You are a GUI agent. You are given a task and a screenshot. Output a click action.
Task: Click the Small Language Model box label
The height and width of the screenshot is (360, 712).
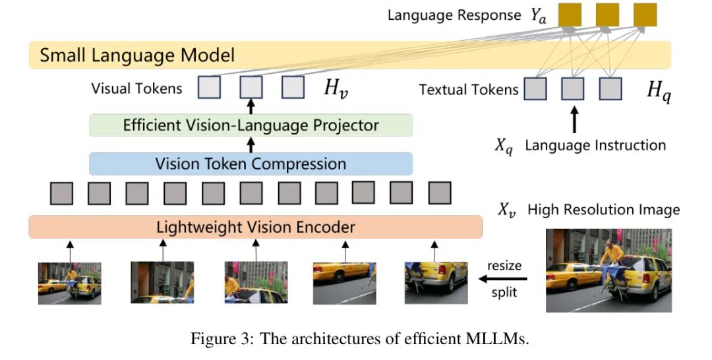click(x=137, y=55)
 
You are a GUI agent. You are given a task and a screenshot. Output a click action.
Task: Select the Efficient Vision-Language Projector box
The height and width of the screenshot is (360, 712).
click(x=251, y=125)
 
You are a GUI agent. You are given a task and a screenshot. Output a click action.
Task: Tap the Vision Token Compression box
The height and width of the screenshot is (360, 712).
click(x=251, y=164)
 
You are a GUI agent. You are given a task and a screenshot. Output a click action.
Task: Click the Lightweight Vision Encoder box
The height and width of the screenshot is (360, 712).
click(x=256, y=227)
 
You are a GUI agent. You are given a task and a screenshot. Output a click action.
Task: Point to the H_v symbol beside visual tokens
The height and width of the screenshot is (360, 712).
click(x=334, y=89)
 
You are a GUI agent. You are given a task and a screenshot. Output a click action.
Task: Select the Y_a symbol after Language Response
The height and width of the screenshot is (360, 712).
click(x=539, y=16)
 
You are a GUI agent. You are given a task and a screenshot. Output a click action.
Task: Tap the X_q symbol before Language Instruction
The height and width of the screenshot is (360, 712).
click(x=504, y=146)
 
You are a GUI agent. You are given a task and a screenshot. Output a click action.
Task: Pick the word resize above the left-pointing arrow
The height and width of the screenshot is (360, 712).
click(x=504, y=266)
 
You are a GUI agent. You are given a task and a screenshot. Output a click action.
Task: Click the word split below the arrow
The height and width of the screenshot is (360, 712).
click(x=504, y=292)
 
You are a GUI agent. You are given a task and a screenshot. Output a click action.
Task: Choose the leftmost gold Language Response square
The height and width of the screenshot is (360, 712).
click(x=570, y=15)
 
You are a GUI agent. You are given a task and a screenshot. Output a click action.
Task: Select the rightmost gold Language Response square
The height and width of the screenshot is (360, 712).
click(x=645, y=15)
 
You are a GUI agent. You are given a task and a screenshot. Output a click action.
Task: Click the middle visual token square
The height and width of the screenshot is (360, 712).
click(x=251, y=88)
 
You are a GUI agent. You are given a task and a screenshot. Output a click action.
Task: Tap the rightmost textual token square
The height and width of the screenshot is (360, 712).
click(x=610, y=88)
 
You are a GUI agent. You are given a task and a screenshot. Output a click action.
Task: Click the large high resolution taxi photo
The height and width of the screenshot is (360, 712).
click(x=608, y=270)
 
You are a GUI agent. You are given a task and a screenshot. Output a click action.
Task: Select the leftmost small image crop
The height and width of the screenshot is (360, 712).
click(x=69, y=283)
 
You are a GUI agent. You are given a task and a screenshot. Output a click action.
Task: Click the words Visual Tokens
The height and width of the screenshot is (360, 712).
click(x=136, y=88)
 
